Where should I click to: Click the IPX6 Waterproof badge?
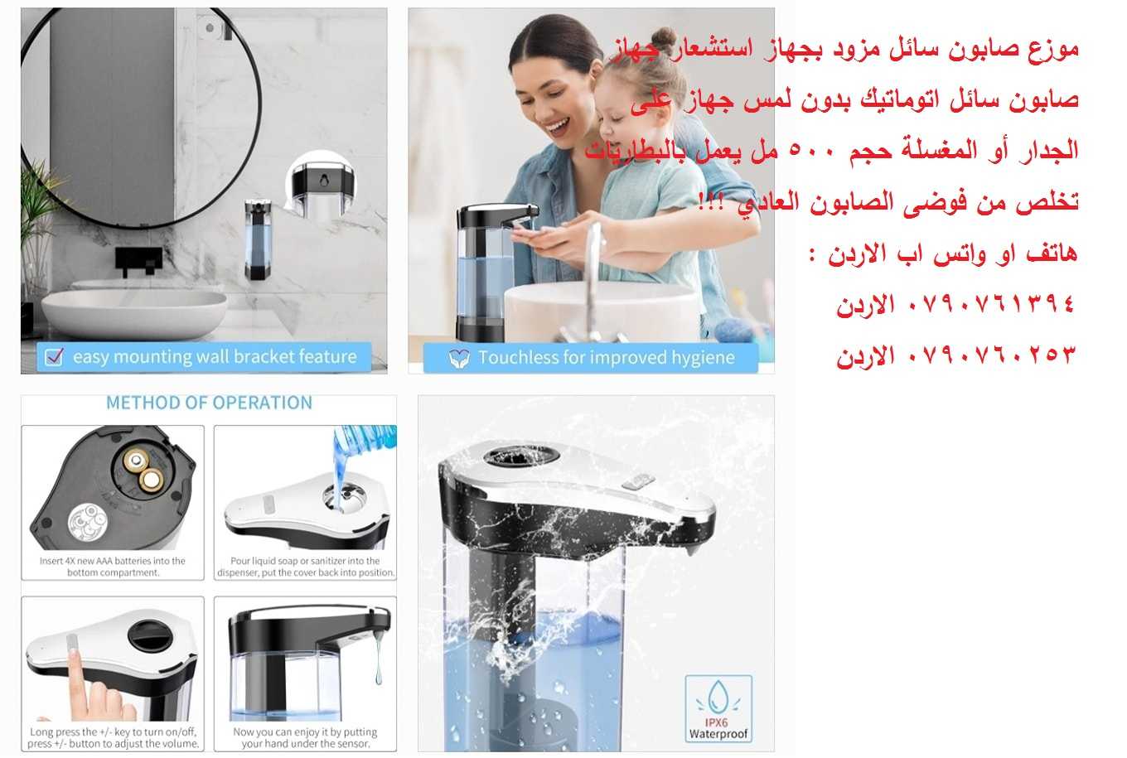(x=718, y=709)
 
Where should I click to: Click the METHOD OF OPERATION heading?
(x=209, y=403)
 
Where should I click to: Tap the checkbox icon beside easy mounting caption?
(x=55, y=357)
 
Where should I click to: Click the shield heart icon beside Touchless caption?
(x=458, y=358)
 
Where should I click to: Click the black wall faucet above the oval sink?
(x=138, y=260)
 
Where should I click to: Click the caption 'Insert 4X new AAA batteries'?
(x=113, y=567)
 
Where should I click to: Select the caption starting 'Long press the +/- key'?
(x=113, y=737)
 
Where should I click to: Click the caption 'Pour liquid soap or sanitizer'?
(x=305, y=567)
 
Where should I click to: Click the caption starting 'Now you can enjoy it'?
(x=305, y=737)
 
